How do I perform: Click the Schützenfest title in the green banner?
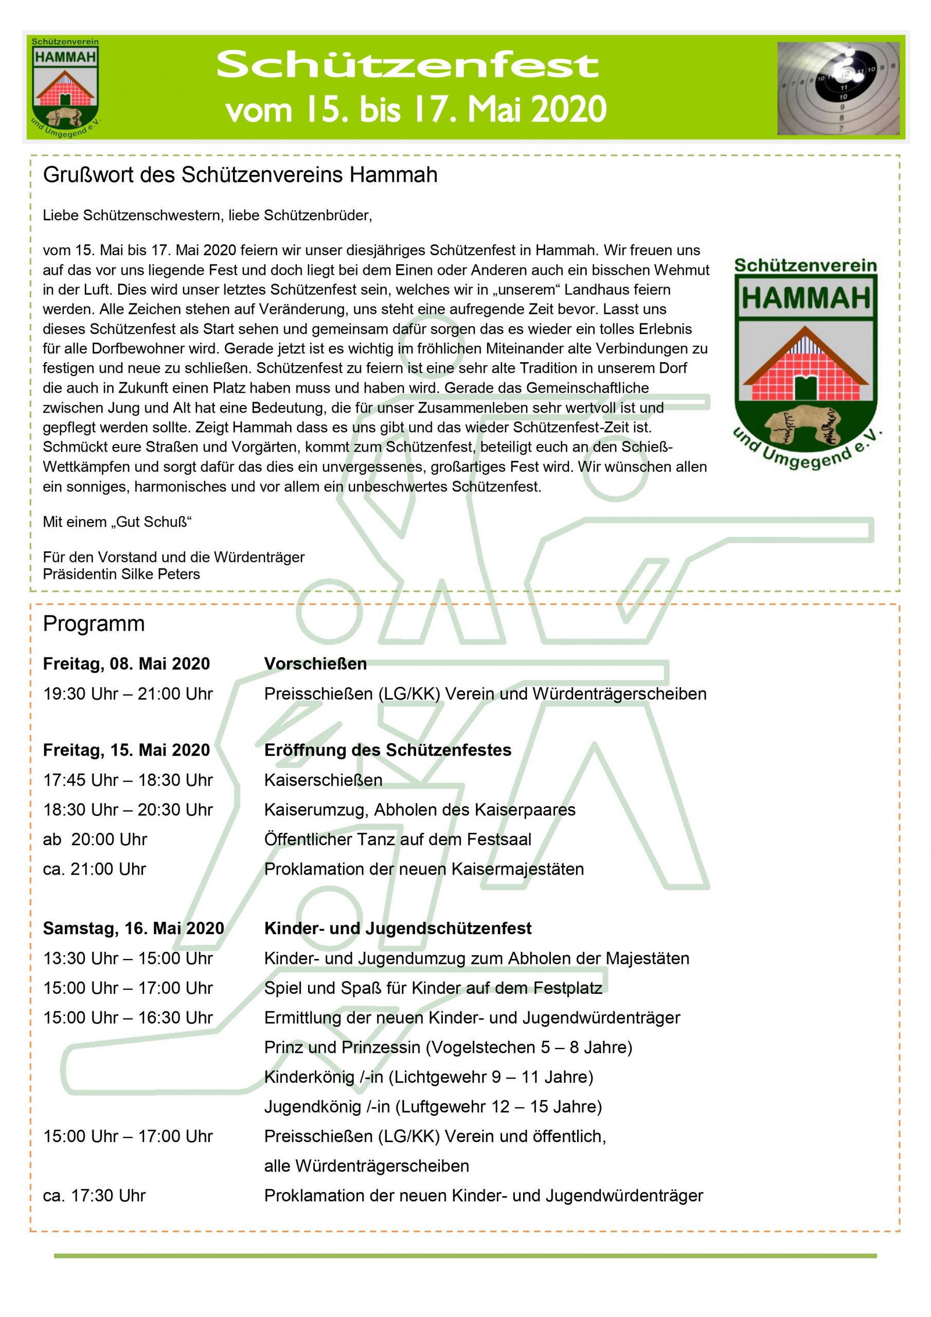(407, 66)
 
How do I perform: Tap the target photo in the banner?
(837, 88)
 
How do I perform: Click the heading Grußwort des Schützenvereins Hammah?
(240, 175)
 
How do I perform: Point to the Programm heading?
(94, 624)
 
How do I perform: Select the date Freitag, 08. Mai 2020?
(126, 664)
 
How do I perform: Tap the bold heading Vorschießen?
(315, 664)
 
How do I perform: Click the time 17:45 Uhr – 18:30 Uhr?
(128, 780)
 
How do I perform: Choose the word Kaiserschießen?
(323, 780)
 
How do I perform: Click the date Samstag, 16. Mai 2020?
(133, 928)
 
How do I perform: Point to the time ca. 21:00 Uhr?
(95, 869)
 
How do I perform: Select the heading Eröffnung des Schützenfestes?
(388, 750)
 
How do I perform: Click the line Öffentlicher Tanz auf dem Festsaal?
(398, 839)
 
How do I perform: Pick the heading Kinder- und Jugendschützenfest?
(398, 928)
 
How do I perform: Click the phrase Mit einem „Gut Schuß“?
(117, 522)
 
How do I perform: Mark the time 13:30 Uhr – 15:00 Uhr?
(128, 958)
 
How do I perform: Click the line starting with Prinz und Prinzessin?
(448, 1047)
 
